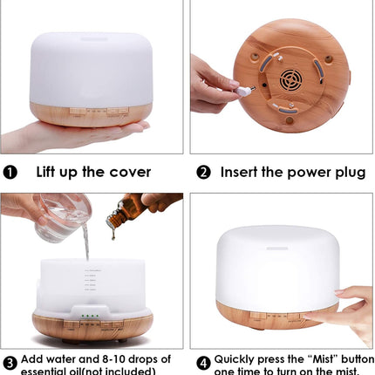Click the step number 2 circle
tap(202, 172)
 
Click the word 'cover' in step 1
tap(127, 172)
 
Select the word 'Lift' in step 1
tap(50, 172)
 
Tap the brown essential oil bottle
tap(126, 210)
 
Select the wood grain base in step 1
tap(91, 114)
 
